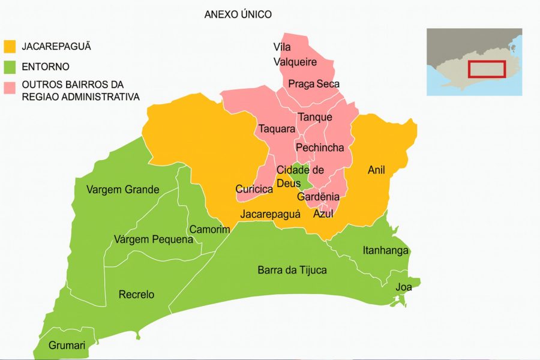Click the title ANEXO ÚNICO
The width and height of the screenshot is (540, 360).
(238, 14)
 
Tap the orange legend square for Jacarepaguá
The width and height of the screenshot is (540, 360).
(10, 47)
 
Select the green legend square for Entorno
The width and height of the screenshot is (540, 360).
(10, 67)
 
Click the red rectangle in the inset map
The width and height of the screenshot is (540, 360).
(487, 69)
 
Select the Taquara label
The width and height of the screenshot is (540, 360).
(277, 129)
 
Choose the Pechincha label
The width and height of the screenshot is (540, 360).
(320, 148)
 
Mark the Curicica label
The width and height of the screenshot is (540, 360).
(254, 190)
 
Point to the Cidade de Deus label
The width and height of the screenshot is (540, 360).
(300, 176)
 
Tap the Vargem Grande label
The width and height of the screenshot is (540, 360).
(122, 190)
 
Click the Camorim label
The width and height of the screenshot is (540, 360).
(209, 230)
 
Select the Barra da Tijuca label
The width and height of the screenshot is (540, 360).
(292, 270)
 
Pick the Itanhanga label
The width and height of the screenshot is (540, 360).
(386, 250)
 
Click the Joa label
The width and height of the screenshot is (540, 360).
(403, 287)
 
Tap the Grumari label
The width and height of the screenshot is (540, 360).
(67, 346)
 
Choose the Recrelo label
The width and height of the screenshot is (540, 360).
(136, 295)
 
